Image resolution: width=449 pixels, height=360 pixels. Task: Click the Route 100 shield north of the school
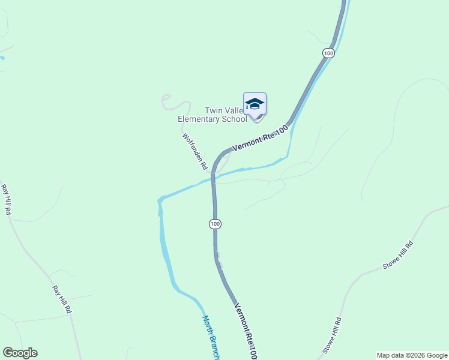click(x=328, y=53)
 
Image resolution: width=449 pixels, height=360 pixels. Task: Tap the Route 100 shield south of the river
click(x=215, y=224)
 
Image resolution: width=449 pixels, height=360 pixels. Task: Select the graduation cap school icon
click(x=255, y=104)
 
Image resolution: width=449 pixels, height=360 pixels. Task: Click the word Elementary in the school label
click(x=200, y=119)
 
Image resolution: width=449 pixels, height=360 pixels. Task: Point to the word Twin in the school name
click(x=214, y=110)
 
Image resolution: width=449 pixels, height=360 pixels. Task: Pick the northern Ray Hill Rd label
click(x=6, y=200)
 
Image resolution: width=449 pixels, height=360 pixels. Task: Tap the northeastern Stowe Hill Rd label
click(x=399, y=256)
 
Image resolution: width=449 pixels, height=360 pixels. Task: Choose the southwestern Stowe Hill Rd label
click(x=332, y=335)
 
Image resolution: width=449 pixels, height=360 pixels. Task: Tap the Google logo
click(x=20, y=353)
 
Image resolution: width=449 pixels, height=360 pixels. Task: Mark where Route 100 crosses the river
click(x=213, y=178)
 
